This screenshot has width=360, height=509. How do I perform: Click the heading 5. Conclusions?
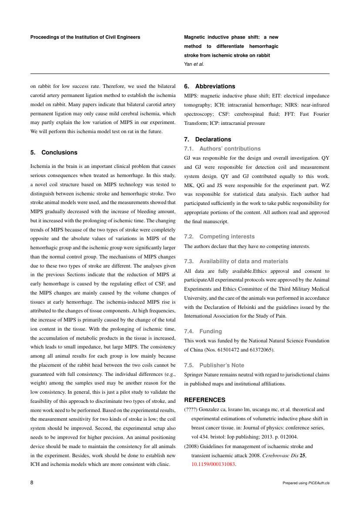[x=54, y=152]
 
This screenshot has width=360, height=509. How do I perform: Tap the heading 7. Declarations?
[x=208, y=139]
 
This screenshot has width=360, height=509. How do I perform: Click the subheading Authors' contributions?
[x=230, y=149]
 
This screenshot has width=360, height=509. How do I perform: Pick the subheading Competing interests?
[x=227, y=236]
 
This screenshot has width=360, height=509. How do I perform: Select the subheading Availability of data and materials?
[x=243, y=261]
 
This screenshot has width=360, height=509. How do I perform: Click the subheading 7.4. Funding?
[x=203, y=331]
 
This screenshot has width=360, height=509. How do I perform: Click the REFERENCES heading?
[x=205, y=399]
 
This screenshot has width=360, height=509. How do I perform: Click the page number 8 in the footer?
[x=32, y=482]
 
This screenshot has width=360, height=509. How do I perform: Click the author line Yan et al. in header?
[x=194, y=64]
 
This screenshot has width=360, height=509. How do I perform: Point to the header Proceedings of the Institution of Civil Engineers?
[x=85, y=37]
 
